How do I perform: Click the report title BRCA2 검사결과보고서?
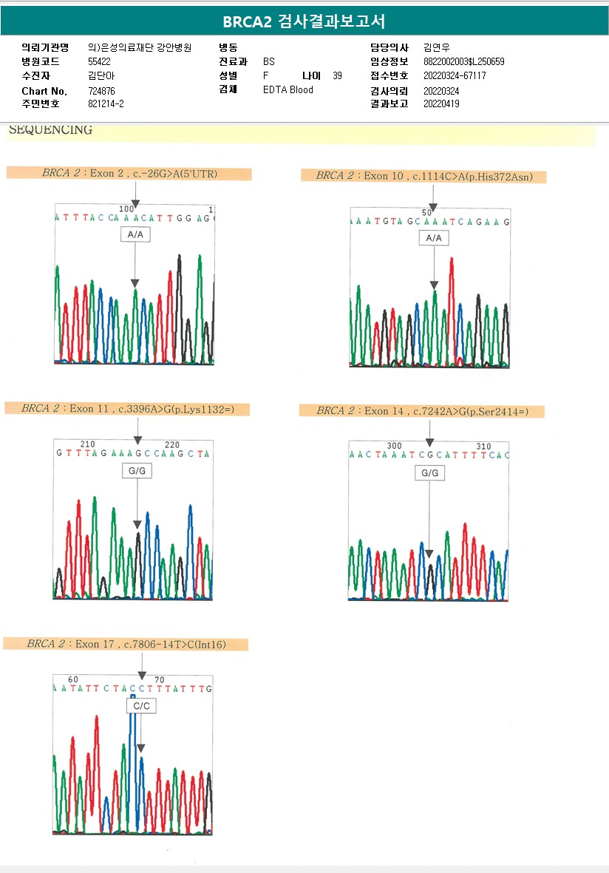coord(304,21)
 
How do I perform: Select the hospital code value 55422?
coord(99,61)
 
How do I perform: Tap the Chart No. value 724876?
coord(101,90)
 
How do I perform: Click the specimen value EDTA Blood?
coord(288,89)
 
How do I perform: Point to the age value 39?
coord(337,75)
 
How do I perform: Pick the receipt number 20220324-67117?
coord(455,75)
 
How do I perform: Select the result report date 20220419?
coord(441,103)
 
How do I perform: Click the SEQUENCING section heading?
coord(51,130)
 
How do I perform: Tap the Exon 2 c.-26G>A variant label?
coord(129,174)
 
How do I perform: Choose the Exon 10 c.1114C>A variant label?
coord(423,176)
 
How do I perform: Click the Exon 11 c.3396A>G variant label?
coord(127,408)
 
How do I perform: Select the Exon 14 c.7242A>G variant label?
coord(421,411)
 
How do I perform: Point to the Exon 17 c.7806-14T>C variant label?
coord(126,644)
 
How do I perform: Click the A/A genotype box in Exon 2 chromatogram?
coord(135,234)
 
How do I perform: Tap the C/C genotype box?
coord(140,706)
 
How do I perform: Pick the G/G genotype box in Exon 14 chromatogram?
coord(429,472)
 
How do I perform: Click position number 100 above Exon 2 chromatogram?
coord(126,209)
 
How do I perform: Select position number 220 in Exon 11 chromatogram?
coord(172,444)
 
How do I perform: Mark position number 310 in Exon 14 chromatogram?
coord(483,446)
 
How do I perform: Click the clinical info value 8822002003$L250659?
coord(464,61)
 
